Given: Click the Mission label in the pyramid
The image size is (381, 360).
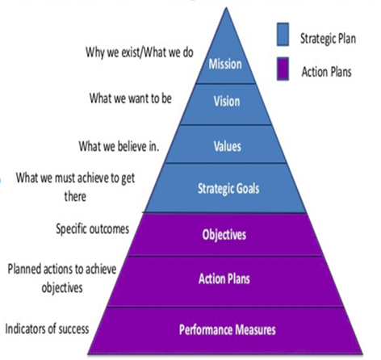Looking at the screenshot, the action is tap(225, 65).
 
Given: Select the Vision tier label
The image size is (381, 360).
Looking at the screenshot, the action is tap(227, 102).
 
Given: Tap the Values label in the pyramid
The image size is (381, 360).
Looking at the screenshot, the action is tap(228, 146).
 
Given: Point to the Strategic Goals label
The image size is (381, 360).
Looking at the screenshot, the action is tap(228, 188).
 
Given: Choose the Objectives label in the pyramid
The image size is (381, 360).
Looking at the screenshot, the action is tap(224, 235).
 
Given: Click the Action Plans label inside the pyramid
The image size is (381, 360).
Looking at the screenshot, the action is tap(224, 278).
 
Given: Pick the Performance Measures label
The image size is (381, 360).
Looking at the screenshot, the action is tap(228, 329).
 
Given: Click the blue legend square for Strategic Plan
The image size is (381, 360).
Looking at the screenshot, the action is tap(283, 34).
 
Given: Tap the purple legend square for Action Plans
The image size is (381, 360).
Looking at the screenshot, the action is tap(283, 69).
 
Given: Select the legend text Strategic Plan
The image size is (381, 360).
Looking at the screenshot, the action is tap(328, 39).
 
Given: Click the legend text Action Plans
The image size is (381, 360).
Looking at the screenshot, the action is tap(326, 72).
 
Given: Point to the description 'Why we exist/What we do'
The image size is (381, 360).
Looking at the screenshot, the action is tap(140, 52).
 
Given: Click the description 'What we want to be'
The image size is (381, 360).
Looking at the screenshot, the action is tap(131, 98).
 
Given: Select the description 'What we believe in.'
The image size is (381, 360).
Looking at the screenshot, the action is tap(119, 146).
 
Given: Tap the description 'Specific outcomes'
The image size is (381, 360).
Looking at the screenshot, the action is tap(93, 229).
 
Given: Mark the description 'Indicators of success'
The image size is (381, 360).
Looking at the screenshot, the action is tap(47, 329).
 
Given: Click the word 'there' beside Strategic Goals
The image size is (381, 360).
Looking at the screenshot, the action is tap(75, 196).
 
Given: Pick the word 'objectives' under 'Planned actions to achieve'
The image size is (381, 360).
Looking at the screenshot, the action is tap(62, 287).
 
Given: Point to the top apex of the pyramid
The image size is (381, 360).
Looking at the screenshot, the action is tap(226, 7).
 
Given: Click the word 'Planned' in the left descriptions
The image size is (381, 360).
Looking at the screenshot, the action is tap(24, 270).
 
